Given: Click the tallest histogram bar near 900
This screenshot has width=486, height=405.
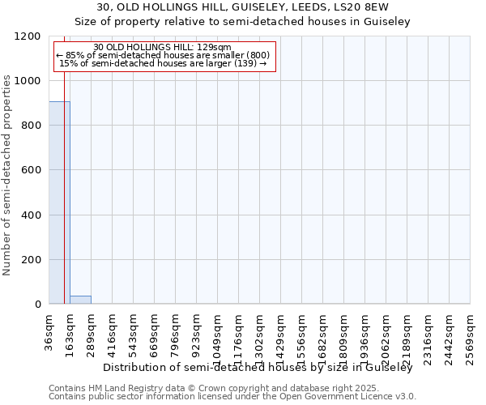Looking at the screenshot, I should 59,202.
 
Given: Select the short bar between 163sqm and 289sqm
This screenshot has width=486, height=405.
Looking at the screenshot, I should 80,300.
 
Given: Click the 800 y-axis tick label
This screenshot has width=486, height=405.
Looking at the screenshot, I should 32,126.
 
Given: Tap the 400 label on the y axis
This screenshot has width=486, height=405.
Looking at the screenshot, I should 32,215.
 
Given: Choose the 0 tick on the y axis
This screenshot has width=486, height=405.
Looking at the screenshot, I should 38,305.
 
